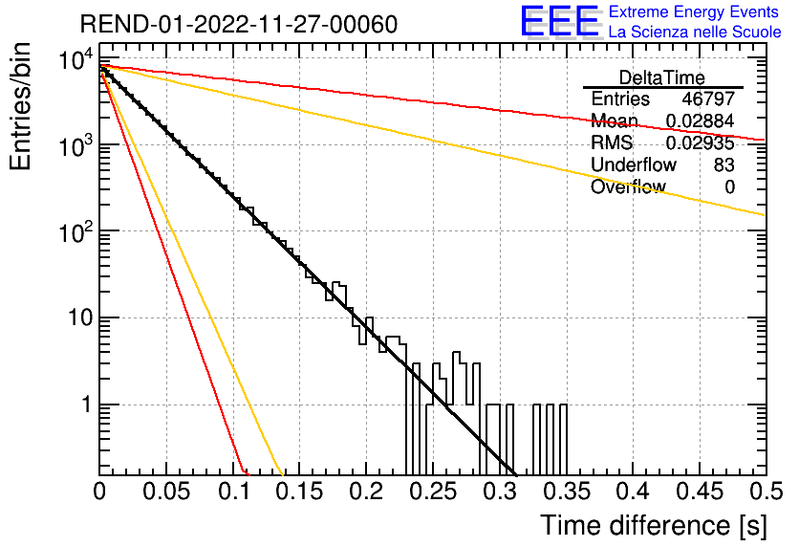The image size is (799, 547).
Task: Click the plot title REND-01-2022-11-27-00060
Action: [x=239, y=24]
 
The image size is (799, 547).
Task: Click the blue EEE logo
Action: [x=560, y=22]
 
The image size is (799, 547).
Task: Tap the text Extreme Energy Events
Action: [x=694, y=11]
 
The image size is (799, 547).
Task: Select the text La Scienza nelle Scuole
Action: [x=695, y=33]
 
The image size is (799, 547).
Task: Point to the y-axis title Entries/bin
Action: [x=20, y=107]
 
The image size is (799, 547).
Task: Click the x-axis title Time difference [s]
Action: [x=654, y=525]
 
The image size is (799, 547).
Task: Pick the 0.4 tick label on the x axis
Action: [x=634, y=492]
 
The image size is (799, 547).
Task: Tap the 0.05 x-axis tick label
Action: [x=166, y=492]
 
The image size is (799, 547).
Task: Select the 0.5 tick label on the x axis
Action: [x=765, y=492]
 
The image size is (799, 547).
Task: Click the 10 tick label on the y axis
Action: [x=80, y=318]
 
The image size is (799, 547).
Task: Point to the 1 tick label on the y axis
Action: [x=87, y=405]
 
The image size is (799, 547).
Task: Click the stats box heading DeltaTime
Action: [x=662, y=77]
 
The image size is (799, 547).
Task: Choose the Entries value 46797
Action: [x=708, y=98]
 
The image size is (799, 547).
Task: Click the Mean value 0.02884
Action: [x=700, y=120]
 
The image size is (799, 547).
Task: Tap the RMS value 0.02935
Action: [x=700, y=142]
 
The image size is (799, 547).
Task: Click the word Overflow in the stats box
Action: [x=628, y=186]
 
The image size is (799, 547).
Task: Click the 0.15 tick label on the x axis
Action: [x=300, y=492]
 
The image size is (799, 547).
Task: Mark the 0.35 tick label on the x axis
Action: [x=567, y=492]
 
